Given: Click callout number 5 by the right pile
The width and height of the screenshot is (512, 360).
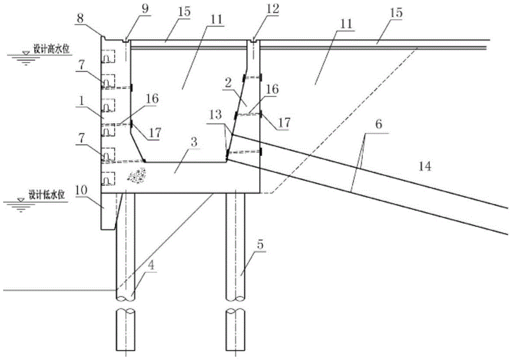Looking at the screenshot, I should coord(261,245).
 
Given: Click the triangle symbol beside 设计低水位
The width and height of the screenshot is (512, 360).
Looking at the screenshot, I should coord(20,199).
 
